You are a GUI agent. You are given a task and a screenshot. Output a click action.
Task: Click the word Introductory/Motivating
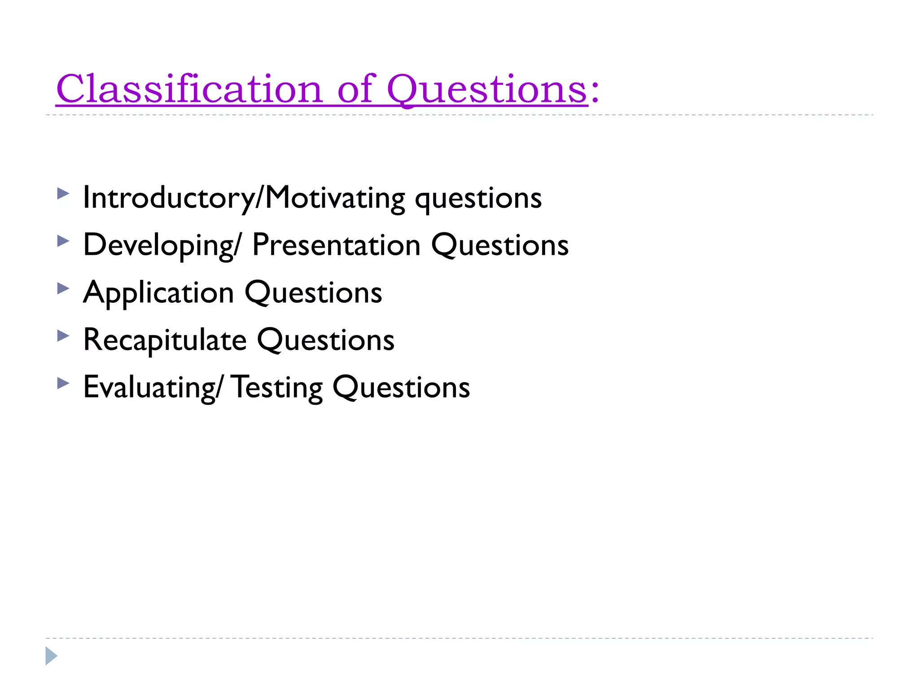click(x=244, y=198)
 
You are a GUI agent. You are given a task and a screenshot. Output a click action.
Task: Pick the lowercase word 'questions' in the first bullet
click(x=478, y=199)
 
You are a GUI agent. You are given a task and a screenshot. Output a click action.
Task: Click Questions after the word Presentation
click(x=500, y=245)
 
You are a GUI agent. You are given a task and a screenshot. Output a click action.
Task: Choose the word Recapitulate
click(x=165, y=340)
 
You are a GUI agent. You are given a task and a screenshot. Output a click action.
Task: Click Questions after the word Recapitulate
click(x=326, y=340)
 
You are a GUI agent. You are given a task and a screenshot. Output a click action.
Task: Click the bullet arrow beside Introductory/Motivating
click(x=63, y=194)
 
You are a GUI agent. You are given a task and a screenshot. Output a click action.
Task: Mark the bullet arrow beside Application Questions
click(x=63, y=288)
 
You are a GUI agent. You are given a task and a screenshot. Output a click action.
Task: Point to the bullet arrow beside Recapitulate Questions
click(x=63, y=336)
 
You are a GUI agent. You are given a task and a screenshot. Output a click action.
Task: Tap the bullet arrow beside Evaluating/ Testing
click(x=63, y=383)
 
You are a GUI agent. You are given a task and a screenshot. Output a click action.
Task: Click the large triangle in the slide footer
click(x=51, y=656)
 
